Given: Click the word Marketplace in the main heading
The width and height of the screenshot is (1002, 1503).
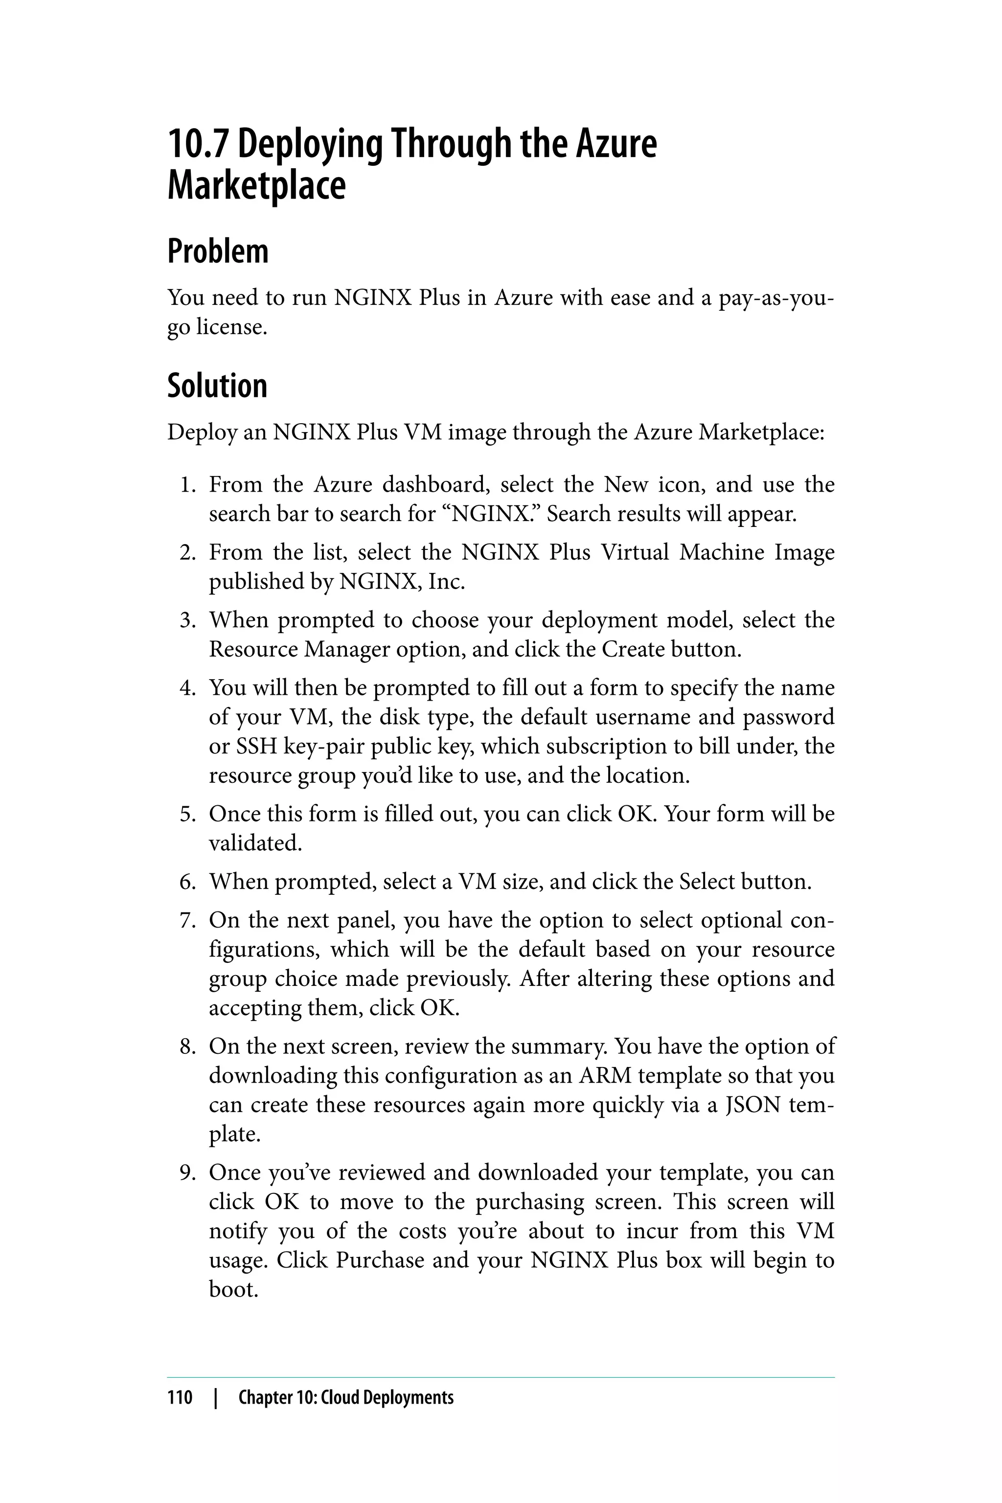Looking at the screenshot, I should [x=256, y=186].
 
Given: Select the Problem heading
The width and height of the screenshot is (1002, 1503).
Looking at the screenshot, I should [x=218, y=251].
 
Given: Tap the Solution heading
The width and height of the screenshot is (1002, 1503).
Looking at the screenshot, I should [x=217, y=386].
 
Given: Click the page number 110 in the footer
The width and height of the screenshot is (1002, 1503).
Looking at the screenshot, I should [x=180, y=1397].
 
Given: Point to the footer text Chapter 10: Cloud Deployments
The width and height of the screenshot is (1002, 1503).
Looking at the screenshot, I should [x=346, y=1397].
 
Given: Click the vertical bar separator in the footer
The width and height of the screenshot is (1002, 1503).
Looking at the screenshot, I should [x=215, y=1397].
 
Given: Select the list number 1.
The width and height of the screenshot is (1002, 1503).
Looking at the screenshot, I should [x=186, y=485].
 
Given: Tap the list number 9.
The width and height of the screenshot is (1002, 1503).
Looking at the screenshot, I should [x=186, y=1173].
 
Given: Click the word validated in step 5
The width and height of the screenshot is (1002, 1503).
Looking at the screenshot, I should [x=254, y=843].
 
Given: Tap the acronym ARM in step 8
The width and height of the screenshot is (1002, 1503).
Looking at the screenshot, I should [x=605, y=1075].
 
